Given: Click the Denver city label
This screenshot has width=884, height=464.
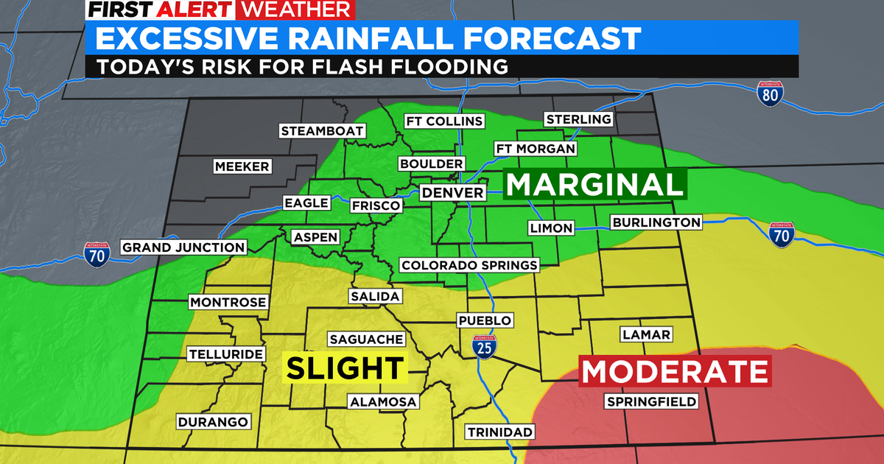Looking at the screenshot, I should coord(453,193).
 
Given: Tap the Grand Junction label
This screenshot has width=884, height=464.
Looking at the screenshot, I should coord(183,247).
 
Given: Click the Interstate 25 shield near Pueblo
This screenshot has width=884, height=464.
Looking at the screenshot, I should coord(484,345).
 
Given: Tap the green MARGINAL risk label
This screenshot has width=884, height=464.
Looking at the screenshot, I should coord(594,184).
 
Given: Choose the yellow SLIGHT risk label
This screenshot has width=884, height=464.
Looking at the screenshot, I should coord(345,368).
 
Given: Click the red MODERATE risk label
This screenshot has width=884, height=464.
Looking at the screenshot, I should coord(675,370).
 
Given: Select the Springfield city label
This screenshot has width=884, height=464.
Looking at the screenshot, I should coord(650,401).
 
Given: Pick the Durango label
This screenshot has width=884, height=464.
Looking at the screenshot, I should coord(213,422).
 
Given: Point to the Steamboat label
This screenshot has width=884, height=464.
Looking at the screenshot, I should coord(323,131).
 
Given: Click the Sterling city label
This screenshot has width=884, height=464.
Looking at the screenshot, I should coord(578,119).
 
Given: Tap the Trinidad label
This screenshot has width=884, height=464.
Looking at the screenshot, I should coord(499,431).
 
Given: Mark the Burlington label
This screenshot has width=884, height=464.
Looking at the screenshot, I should coord(656,222).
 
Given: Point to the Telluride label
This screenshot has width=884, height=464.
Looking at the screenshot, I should coord(225,354).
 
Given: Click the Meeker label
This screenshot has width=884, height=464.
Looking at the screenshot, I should coord(242,166).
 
